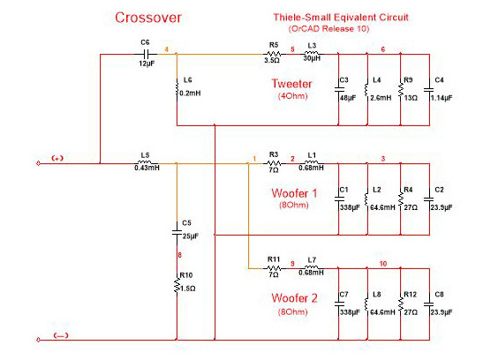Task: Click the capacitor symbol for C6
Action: (x=146, y=55)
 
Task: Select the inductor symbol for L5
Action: (x=146, y=162)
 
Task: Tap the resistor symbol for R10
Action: (x=177, y=285)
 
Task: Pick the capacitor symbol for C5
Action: (x=177, y=232)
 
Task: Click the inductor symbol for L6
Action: (x=177, y=87)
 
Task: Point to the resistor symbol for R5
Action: (x=274, y=54)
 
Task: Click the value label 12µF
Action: (x=147, y=64)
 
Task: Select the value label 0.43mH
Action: (x=147, y=168)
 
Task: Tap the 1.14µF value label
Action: (x=441, y=98)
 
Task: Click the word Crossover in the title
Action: (x=148, y=18)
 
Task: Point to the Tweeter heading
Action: (x=291, y=84)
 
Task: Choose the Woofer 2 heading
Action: (x=294, y=298)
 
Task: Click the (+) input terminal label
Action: (x=57, y=159)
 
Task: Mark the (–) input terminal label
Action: (x=61, y=335)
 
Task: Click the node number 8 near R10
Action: (x=179, y=255)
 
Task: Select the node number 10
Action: (x=383, y=264)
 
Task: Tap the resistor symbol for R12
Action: (x=401, y=304)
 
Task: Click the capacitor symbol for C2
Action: (x=429, y=199)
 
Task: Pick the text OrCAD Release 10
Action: (x=329, y=29)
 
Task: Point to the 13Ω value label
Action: (x=411, y=98)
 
